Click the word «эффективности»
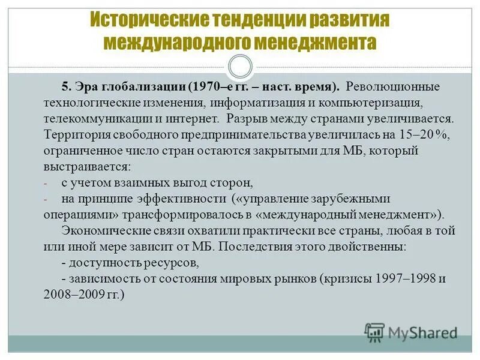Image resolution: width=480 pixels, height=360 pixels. [x=180, y=198]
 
